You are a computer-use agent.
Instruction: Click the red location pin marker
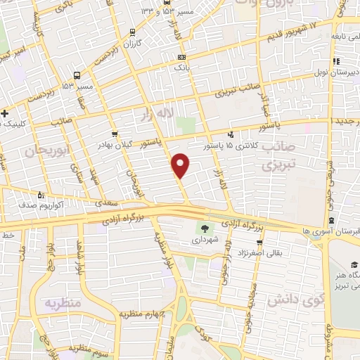coord(181,165)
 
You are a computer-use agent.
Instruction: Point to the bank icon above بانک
coord(182,58)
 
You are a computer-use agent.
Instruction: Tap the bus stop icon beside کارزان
coord(134,32)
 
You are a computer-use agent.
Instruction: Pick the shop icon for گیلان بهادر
coord(115,134)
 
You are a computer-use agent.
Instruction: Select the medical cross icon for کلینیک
coord(6,113)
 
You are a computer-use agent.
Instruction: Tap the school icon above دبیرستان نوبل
coord(336,60)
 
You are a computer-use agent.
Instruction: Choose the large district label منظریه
coord(63,304)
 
